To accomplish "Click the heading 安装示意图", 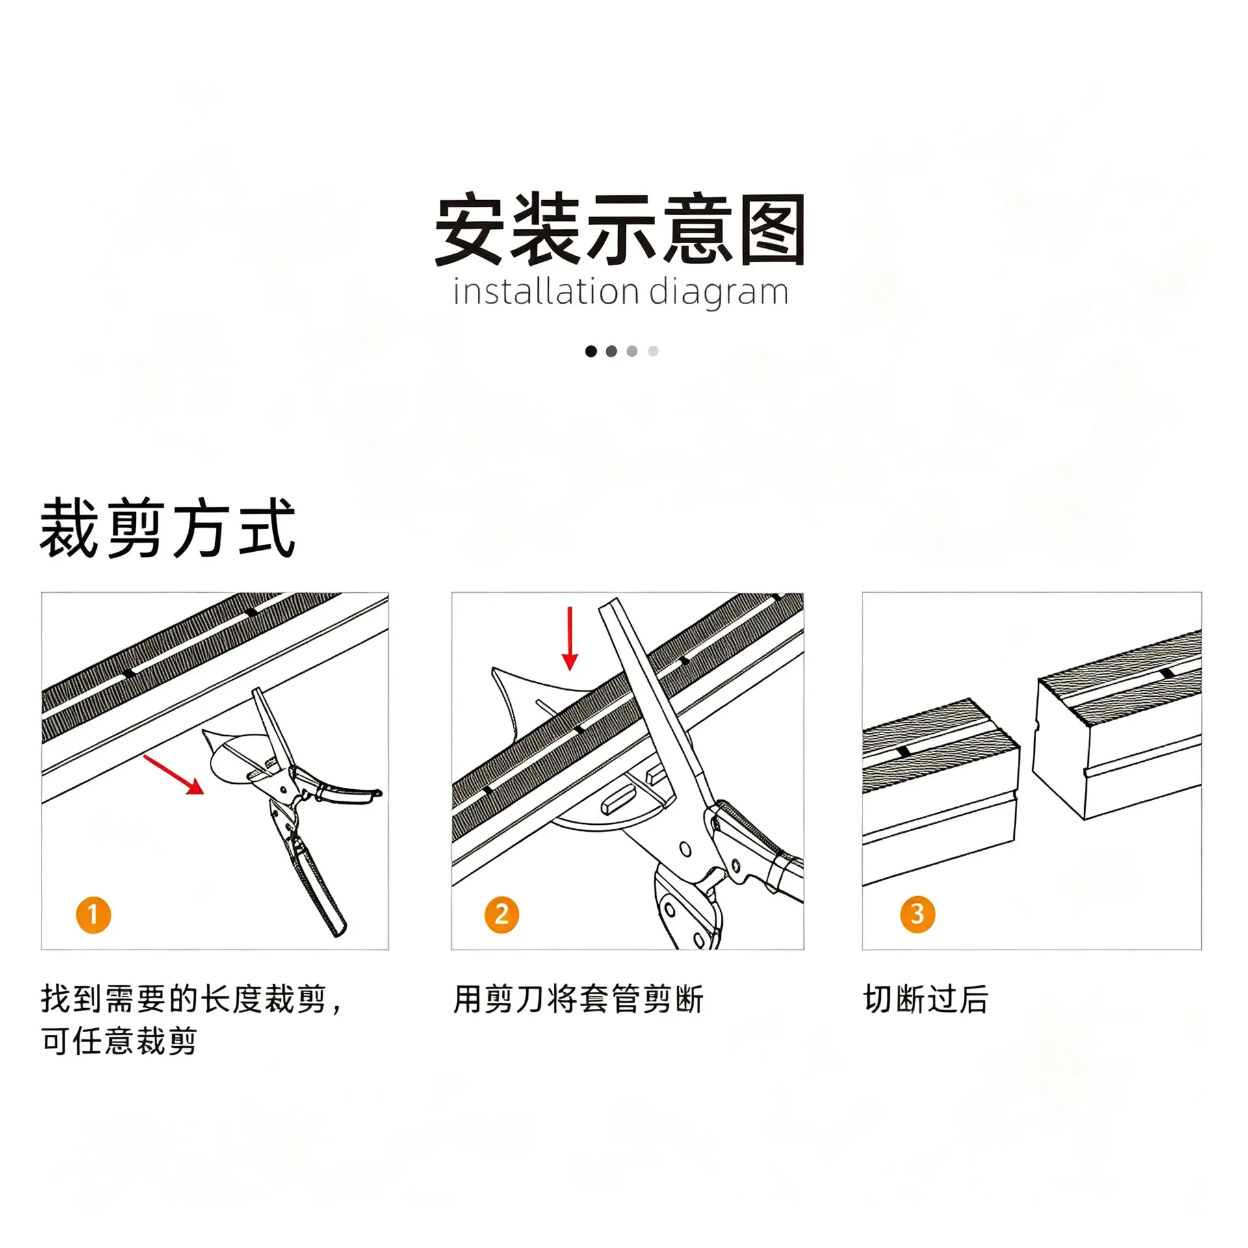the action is pos(620,229).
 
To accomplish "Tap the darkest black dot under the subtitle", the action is pos(591,351).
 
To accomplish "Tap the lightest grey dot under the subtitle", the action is pos(653,351).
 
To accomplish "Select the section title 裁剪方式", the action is pos(168,527).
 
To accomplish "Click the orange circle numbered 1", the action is pos(94,915).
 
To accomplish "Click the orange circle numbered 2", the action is pos(502,915).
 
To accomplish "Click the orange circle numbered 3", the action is pos(918,915).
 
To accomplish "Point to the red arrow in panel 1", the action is pos(174,774).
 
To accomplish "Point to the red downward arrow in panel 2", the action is pos(570,638).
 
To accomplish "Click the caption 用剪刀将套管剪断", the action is pos(578,999).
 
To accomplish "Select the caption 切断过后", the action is pos(926,999).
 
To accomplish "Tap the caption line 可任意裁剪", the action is pos(119,1041).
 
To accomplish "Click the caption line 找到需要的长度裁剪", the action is pos(183,999).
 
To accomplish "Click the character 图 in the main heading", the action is pos(772,229).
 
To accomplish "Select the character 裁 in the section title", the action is pos(70,527).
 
